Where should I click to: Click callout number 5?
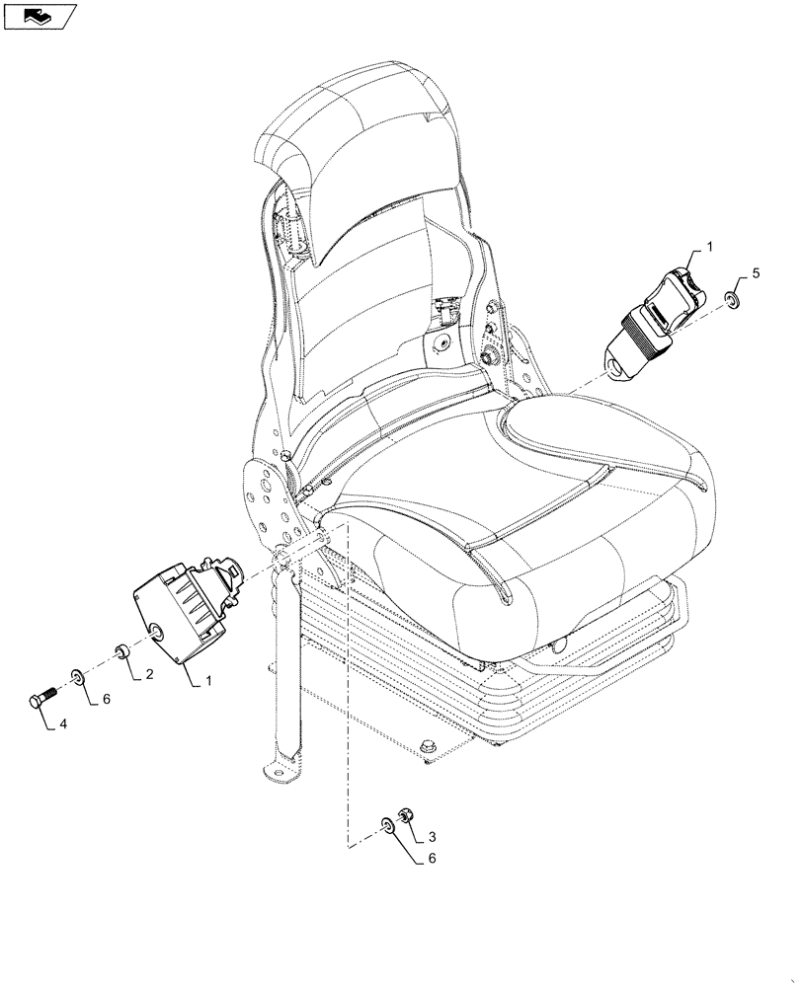click(756, 273)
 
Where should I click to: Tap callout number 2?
click(149, 675)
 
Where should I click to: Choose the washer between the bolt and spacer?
click(77, 677)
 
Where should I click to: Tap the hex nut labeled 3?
click(405, 816)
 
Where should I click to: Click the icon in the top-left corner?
click(40, 16)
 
